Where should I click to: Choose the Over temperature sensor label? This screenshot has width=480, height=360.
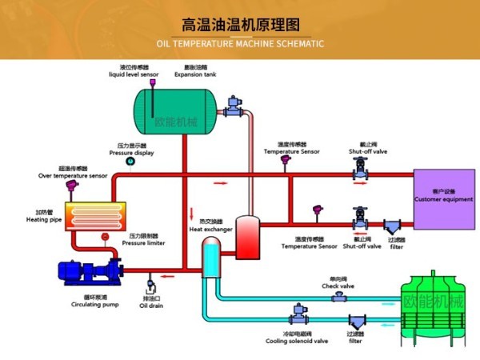[x=72, y=175]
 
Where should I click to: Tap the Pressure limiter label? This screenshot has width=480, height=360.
[x=143, y=242]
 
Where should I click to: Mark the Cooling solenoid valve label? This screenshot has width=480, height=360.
[x=297, y=340]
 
